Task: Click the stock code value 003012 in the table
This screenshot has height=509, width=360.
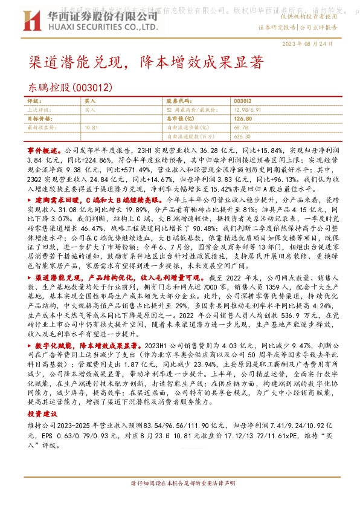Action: (x=242, y=101)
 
